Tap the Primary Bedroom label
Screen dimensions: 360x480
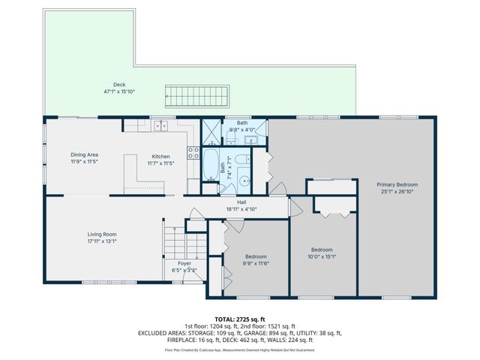point(397,184)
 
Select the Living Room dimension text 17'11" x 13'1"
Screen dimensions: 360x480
point(101,241)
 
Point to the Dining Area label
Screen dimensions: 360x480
point(85,154)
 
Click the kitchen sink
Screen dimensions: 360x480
point(160,127)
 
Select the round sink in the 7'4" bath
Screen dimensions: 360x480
point(244,181)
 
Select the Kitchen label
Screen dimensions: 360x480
point(161,156)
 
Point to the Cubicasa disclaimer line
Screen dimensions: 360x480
point(239,349)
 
